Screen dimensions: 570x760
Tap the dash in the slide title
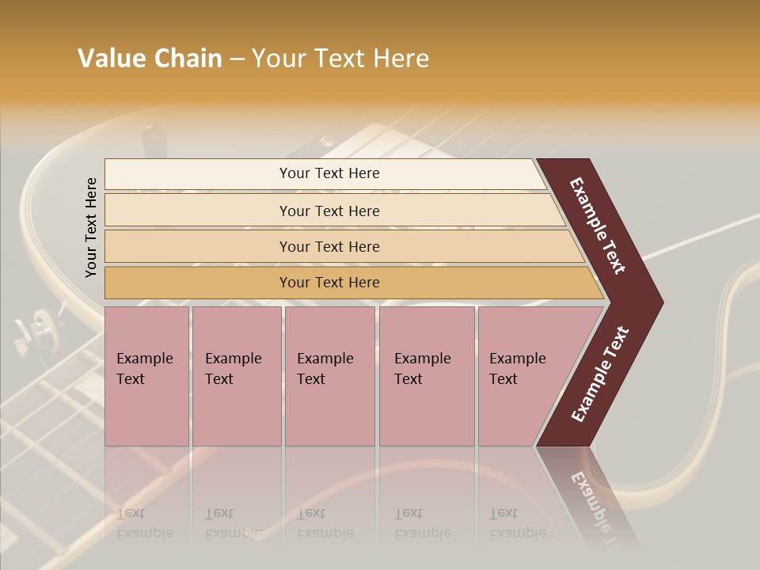tap(237, 59)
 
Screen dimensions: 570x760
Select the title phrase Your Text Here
tap(340, 59)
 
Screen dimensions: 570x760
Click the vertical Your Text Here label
tap(91, 227)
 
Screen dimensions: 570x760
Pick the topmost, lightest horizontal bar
tap(329, 173)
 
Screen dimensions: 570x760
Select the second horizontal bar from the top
tap(329, 211)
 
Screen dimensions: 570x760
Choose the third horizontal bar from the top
tap(329, 246)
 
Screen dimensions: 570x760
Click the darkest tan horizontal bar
tap(329, 283)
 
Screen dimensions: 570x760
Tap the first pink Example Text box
tap(146, 375)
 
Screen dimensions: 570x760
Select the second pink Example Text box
tap(236, 375)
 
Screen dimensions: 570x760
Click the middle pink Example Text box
tap(329, 375)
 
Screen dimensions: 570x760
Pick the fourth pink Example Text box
tap(426, 375)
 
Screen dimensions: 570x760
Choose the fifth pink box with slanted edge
tap(522, 375)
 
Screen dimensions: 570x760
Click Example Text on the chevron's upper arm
tap(598, 226)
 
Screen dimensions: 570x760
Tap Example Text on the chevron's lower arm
tap(600, 374)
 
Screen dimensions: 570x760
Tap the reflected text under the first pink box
tap(145, 523)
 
